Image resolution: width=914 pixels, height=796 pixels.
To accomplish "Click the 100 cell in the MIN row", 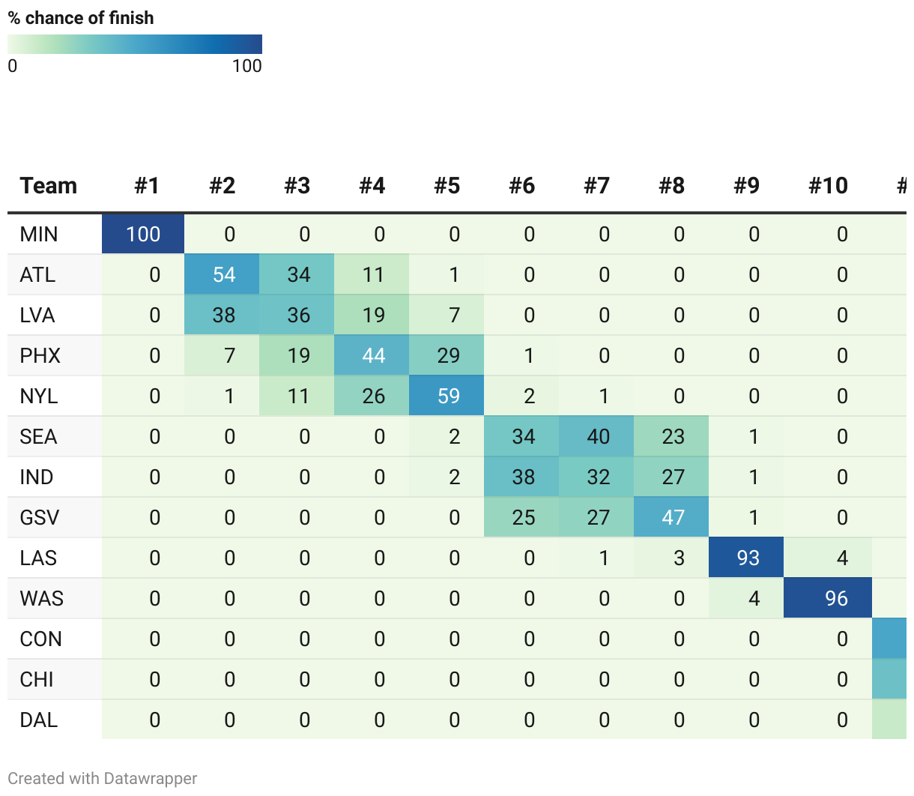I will point(143,235).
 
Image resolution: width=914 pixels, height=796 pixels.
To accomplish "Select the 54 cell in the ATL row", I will point(223,275).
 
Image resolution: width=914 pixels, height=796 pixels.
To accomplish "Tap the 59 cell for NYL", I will point(448,397).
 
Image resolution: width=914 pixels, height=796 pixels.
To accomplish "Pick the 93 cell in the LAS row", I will point(748,558).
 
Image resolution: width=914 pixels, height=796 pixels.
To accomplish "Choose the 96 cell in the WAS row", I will point(835,599).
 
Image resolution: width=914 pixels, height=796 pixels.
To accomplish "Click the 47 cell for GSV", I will point(673,518).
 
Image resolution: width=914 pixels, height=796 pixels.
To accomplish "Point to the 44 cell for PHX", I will point(373,356).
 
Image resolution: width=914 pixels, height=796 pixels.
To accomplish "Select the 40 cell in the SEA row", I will point(598,437).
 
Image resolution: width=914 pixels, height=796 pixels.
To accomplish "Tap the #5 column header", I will point(447,186).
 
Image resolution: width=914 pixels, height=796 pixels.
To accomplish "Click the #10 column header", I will point(828,186).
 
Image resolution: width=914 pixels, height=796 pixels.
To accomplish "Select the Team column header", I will point(49,186).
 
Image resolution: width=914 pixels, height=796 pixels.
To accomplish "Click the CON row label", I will point(41,639).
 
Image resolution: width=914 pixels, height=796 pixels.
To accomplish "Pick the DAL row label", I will point(39,720).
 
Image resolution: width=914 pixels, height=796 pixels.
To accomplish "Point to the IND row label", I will point(37,477).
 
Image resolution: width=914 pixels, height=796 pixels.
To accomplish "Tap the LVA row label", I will point(37,316).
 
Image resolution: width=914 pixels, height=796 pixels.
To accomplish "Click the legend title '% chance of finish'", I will point(81,18).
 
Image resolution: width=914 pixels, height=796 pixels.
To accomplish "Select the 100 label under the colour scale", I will point(246,66).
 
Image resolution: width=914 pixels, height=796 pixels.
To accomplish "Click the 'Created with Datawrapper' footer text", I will point(103,779).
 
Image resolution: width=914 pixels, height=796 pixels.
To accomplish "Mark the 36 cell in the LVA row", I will point(298,316).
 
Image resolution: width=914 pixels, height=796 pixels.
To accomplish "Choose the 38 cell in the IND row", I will point(523,477).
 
